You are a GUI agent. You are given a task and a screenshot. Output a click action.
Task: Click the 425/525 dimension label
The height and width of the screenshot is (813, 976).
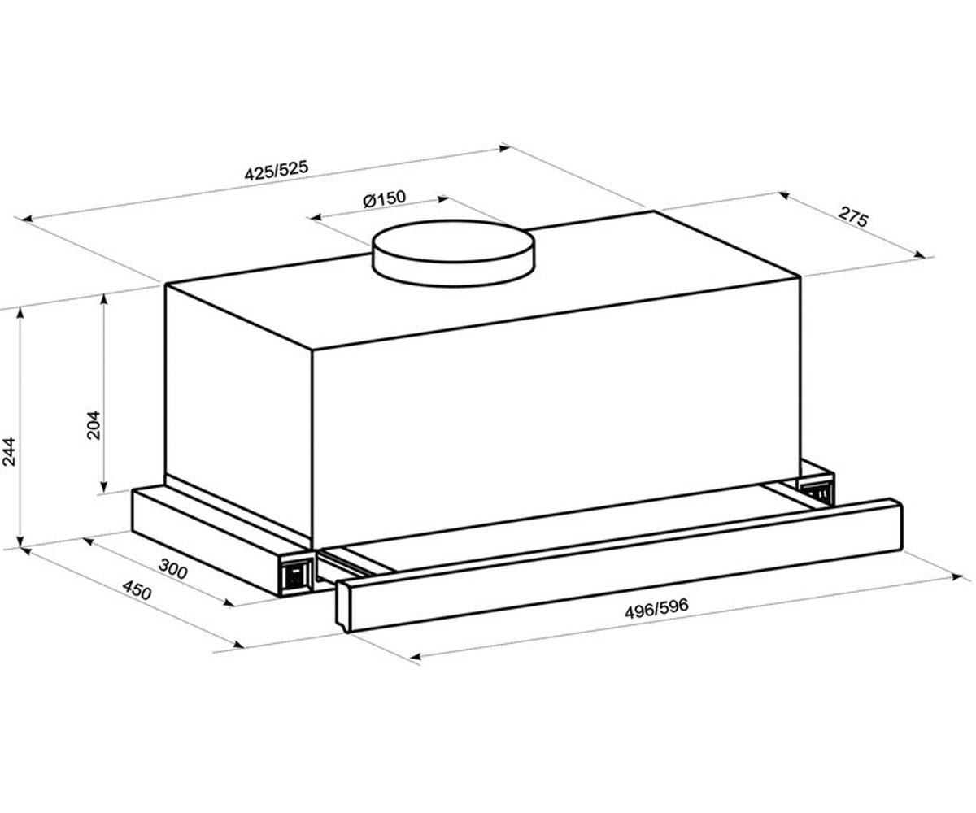277,171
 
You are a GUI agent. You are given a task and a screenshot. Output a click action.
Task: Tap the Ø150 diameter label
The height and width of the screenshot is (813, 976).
384,198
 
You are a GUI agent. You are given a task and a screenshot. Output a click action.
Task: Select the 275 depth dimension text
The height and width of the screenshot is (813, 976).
852,217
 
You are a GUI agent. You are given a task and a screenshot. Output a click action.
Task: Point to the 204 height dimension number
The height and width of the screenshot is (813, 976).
94,424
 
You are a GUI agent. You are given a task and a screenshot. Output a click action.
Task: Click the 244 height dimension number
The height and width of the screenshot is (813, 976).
9,451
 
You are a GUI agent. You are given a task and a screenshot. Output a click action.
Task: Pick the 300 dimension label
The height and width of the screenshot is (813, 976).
173,568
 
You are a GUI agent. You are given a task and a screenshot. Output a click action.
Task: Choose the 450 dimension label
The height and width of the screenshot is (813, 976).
137,590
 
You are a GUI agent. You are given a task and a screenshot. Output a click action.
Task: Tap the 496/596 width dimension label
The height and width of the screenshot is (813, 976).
656,608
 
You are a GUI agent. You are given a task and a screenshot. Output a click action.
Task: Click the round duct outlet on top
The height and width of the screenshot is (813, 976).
452,252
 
